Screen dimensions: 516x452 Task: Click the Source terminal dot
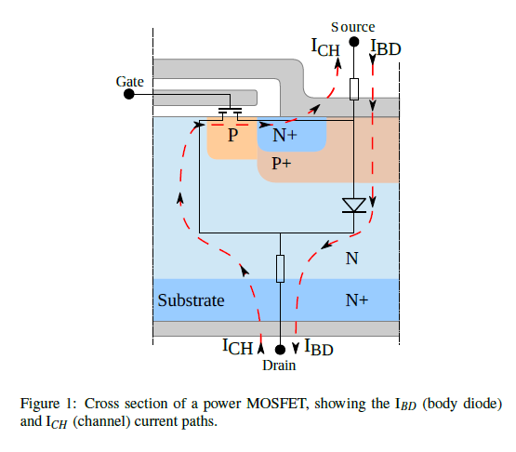tap(354, 42)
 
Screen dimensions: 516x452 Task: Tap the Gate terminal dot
tap(129, 94)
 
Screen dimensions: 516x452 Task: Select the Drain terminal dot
tap(280, 350)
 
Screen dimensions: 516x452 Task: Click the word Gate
tap(129, 82)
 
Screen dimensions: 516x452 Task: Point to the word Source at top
tap(352, 27)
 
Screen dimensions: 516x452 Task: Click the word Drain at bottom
tap(279, 366)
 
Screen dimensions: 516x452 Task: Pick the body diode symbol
tap(354, 206)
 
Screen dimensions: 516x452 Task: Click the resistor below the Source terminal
tap(354, 89)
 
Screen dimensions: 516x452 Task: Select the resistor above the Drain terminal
tap(280, 269)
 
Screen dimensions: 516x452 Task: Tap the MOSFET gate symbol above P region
tap(231, 113)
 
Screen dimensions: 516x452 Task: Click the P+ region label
tap(282, 164)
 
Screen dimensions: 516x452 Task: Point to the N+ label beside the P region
tap(284, 135)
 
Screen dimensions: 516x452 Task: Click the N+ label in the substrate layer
tap(357, 299)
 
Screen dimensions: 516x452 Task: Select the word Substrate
tap(191, 300)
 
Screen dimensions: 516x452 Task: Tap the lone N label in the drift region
tap(351, 259)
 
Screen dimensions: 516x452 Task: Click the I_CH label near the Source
tap(325, 47)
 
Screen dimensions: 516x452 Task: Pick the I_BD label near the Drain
tap(319, 347)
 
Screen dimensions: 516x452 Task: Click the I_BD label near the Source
tap(386, 47)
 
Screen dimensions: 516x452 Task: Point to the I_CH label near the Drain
tap(238, 347)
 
